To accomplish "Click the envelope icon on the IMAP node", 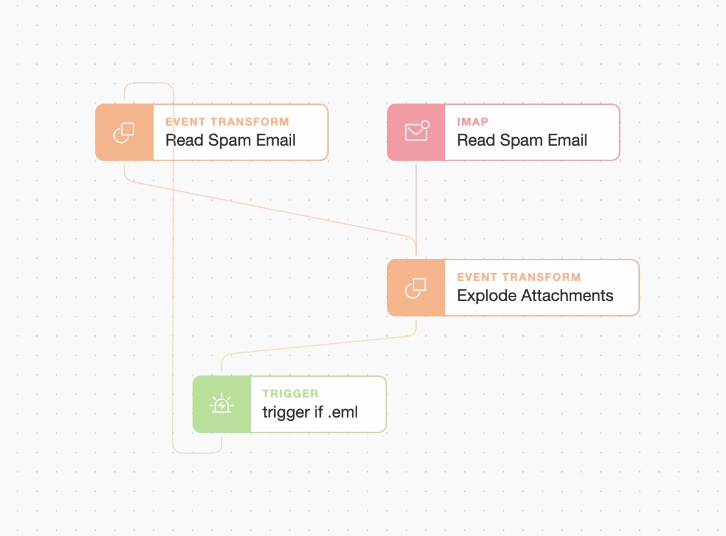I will pyautogui.click(x=416, y=132).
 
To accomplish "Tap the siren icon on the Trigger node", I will pyautogui.click(x=222, y=405).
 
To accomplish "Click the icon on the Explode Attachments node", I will pyautogui.click(x=416, y=288).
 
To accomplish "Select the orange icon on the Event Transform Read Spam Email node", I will pyautogui.click(x=124, y=132).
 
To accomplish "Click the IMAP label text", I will pyautogui.click(x=473, y=122).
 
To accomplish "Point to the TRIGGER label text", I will pyautogui.click(x=290, y=394).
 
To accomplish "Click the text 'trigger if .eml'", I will pyautogui.click(x=310, y=412).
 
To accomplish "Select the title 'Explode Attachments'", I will pyautogui.click(x=535, y=296).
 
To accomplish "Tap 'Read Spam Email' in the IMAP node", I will pyautogui.click(x=522, y=140).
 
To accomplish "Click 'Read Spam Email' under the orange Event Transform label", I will pyautogui.click(x=230, y=140).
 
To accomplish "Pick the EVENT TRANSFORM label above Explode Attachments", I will pyautogui.click(x=519, y=277).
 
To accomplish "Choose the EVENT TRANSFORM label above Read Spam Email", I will pyautogui.click(x=227, y=122).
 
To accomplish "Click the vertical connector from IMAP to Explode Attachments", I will pyautogui.click(x=416, y=201).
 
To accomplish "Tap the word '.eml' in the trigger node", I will pyautogui.click(x=342, y=412).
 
